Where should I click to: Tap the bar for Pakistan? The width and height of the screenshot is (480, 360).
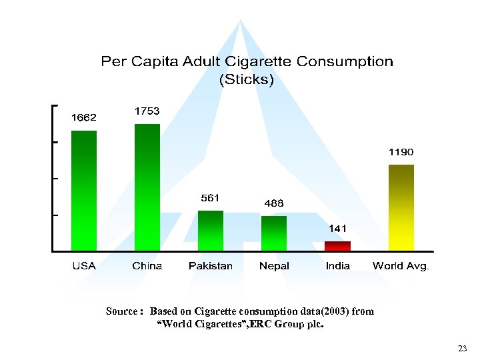[x=211, y=231]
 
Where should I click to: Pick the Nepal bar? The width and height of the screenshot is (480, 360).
[x=273, y=233]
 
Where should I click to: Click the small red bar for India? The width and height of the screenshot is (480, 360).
[x=337, y=246]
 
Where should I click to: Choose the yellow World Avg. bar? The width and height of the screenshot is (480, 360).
[x=401, y=207]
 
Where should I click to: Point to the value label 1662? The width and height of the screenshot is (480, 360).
[x=84, y=117]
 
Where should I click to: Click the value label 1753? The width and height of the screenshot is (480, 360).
[x=147, y=111]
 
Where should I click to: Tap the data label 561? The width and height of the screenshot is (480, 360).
[x=211, y=197]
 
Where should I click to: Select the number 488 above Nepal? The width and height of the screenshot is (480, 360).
[x=273, y=203]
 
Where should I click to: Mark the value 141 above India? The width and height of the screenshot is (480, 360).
[x=337, y=228]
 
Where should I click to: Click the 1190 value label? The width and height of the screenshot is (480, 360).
[x=401, y=152]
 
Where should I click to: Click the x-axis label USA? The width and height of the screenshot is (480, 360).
[x=84, y=266]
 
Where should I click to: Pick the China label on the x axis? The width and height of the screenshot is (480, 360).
[x=147, y=266]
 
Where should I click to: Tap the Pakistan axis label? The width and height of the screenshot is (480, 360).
[x=211, y=266]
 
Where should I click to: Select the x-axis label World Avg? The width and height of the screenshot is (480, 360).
[x=401, y=266]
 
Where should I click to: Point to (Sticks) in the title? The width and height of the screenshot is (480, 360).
[x=247, y=79]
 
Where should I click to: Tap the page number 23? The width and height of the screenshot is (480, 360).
[x=463, y=349]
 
